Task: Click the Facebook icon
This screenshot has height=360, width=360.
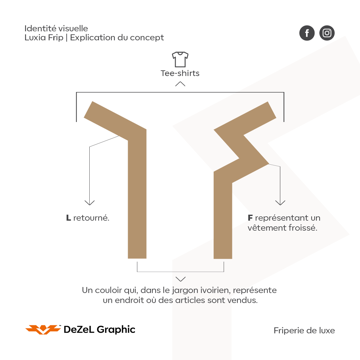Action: [x=307, y=33]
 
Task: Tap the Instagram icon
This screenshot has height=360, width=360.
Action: [x=327, y=33]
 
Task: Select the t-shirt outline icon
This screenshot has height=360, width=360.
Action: [x=180, y=59]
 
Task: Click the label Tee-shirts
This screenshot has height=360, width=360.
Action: [x=180, y=73]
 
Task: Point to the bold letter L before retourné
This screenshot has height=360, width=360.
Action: [x=68, y=218]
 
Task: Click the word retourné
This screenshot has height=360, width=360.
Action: [x=91, y=218]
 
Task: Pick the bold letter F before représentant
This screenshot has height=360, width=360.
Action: [x=250, y=218]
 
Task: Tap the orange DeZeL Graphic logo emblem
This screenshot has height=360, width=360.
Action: [x=43, y=329]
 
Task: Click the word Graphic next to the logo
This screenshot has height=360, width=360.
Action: [x=116, y=330]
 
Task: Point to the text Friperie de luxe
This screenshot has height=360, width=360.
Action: [x=304, y=331]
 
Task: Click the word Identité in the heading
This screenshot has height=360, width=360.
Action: [x=40, y=28]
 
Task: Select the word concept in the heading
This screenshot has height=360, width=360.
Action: [x=147, y=38]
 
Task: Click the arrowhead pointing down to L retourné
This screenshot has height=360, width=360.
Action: [x=90, y=203]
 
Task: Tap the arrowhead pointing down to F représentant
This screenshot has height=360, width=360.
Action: [x=280, y=203]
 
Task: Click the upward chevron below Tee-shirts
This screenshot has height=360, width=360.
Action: [x=180, y=84]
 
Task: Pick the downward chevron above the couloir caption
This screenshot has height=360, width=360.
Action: [x=180, y=279]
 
